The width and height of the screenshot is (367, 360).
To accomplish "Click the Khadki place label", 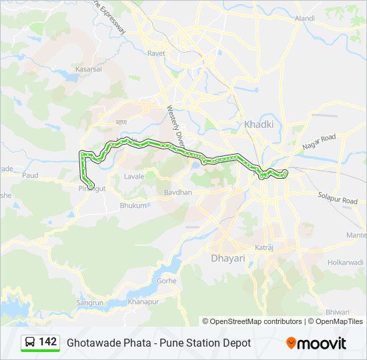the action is pyautogui.click(x=254, y=124).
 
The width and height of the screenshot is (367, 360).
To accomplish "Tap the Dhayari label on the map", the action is pyautogui.click(x=228, y=258).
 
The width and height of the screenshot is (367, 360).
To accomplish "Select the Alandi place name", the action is pyautogui.click(x=304, y=19).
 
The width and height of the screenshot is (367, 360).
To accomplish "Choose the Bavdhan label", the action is pyautogui.click(x=178, y=192).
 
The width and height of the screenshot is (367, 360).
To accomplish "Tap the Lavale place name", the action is pyautogui.click(x=134, y=177).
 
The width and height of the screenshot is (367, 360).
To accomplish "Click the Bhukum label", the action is pyautogui.click(x=133, y=206).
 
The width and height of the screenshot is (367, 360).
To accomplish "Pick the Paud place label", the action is pyautogui.click(x=30, y=175).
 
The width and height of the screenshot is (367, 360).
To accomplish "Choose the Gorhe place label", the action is pyautogui.click(x=166, y=281).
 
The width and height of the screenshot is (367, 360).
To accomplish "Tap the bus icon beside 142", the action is pyautogui.click(x=30, y=342).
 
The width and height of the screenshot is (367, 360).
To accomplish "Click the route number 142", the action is pyautogui.click(x=48, y=342).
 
